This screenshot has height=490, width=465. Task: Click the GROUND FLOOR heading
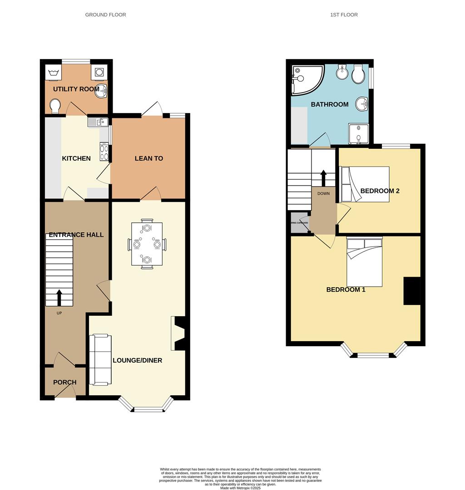[x=105, y=15]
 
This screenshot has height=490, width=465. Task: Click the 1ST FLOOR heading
[x=344, y=15]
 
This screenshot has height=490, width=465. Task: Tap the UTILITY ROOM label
[x=76, y=89]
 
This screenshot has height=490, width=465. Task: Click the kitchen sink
[x=98, y=121]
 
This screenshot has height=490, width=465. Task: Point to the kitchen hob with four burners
[x=104, y=152]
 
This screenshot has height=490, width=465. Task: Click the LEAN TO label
[x=148, y=158]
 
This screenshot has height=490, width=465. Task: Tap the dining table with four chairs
[x=147, y=244]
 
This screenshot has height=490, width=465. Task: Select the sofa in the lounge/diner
[x=99, y=360]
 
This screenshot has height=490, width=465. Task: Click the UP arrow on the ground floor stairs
[x=59, y=298]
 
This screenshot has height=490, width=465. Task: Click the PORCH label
[x=64, y=382]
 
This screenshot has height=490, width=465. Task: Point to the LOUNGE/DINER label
[x=137, y=361]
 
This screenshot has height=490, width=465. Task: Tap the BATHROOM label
[x=329, y=104]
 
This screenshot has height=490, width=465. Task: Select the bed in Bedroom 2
[x=364, y=184]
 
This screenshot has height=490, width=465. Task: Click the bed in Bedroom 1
[x=364, y=261]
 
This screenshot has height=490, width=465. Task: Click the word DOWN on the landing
[x=323, y=193]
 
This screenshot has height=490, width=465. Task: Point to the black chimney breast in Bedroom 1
[x=412, y=291]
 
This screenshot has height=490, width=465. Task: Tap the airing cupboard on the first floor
[x=299, y=223]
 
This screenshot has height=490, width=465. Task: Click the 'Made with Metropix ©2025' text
[x=240, y=488]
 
